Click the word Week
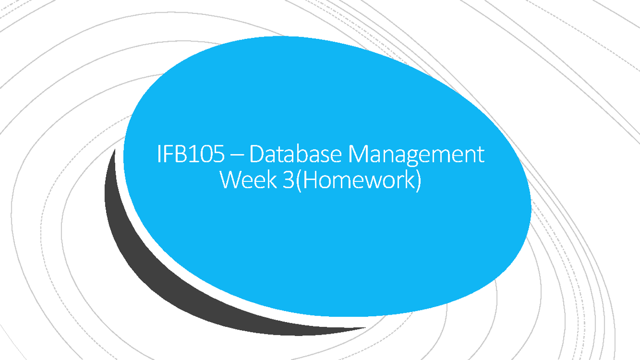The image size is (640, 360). (245, 181)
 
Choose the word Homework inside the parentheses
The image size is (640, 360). (354, 181)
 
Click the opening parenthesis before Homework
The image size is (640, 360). (292, 181)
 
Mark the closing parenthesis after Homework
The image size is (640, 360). (417, 181)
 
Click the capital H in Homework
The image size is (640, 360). (303, 181)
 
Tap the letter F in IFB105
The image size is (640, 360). (170, 155)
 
